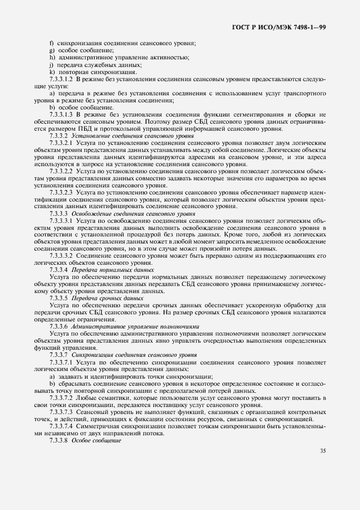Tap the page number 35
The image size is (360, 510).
pyautogui.click(x=322, y=450)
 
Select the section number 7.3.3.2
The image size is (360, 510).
pyautogui.click(x=58, y=136)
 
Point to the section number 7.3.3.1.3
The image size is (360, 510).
pyautogui.click(x=61, y=114)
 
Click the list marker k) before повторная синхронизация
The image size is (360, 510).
pyautogui.click(x=52, y=72)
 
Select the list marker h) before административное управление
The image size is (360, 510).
pyautogui.click(x=52, y=57)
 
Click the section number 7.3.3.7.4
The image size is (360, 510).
pyautogui.click(x=61, y=426)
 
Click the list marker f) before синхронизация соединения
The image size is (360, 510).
pyautogui.click(x=51, y=43)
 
